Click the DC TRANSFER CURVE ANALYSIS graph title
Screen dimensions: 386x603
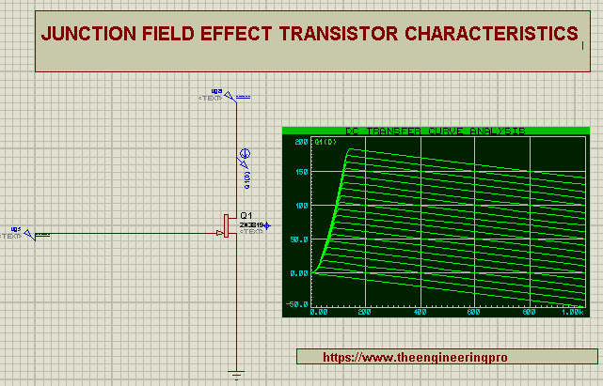click(x=435, y=131)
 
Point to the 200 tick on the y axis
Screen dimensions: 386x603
click(x=301, y=142)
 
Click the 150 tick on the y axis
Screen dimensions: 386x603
click(x=301, y=173)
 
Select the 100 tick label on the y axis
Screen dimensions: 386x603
click(x=301, y=206)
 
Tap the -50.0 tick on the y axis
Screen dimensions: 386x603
click(x=297, y=304)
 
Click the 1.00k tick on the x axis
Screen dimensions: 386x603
click(x=571, y=312)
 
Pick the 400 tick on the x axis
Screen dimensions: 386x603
click(x=421, y=312)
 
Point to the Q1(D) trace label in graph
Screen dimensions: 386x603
click(x=325, y=142)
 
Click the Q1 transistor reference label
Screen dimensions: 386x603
click(x=246, y=215)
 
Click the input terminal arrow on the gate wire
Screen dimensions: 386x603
click(x=29, y=234)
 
